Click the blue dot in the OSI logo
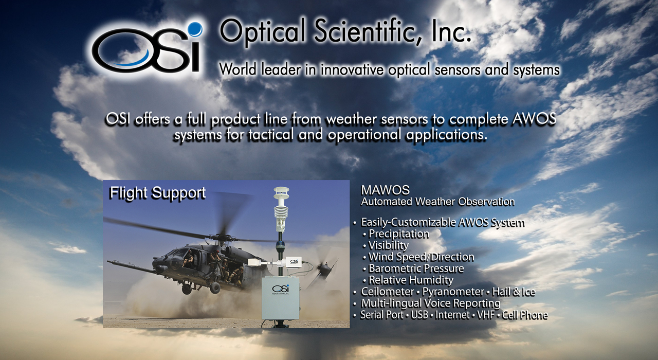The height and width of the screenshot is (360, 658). pyautogui.click(x=195, y=29)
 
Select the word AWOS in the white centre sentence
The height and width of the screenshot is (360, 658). pyautogui.click(x=535, y=119)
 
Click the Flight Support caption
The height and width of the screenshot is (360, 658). pyautogui.click(x=157, y=193)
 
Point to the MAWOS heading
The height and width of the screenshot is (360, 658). pyautogui.click(x=385, y=190)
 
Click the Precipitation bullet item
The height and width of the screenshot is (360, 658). pyautogui.click(x=398, y=233)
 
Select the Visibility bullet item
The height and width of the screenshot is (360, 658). pyautogui.click(x=388, y=245)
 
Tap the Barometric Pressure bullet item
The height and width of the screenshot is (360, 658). pyautogui.click(x=416, y=268)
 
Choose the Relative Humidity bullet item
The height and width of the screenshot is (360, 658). pyautogui.click(x=411, y=280)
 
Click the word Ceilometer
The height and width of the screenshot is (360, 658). pyautogui.click(x=388, y=292)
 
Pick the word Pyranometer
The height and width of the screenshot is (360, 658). pyautogui.click(x=453, y=292)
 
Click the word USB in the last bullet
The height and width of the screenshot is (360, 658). pyautogui.click(x=419, y=315)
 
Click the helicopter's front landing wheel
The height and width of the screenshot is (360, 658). pyautogui.click(x=215, y=287)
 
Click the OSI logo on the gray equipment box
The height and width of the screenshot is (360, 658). pyautogui.click(x=281, y=289)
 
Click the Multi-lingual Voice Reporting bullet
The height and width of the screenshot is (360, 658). pyautogui.click(x=430, y=303)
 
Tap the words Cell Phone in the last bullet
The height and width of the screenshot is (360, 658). pyautogui.click(x=525, y=315)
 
